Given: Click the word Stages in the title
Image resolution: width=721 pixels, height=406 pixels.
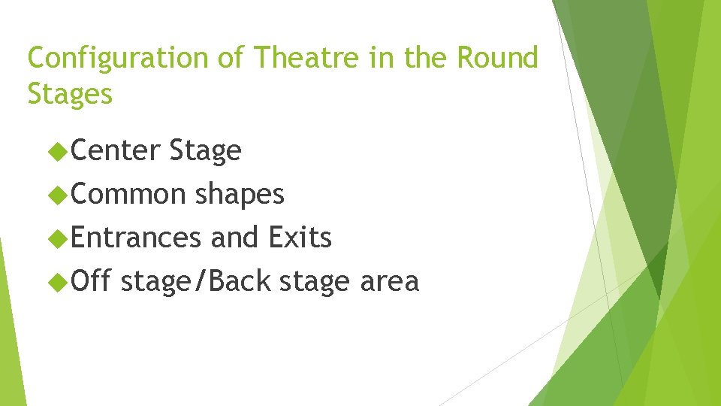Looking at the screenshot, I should click(70, 94).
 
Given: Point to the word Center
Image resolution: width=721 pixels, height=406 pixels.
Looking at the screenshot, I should click(116, 151).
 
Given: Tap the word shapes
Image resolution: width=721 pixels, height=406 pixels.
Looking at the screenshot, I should click(240, 195).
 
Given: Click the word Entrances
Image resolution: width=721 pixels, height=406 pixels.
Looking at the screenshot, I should click(137, 238).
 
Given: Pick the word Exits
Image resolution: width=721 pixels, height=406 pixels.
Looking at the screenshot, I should click(300, 238).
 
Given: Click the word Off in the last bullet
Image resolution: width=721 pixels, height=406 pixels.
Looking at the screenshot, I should click(92, 281).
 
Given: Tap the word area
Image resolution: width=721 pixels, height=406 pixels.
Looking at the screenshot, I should click(389, 282).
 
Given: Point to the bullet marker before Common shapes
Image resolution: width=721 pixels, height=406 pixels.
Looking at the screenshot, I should click(57, 195).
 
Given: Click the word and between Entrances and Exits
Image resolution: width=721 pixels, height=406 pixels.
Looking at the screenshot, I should click(234, 238).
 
